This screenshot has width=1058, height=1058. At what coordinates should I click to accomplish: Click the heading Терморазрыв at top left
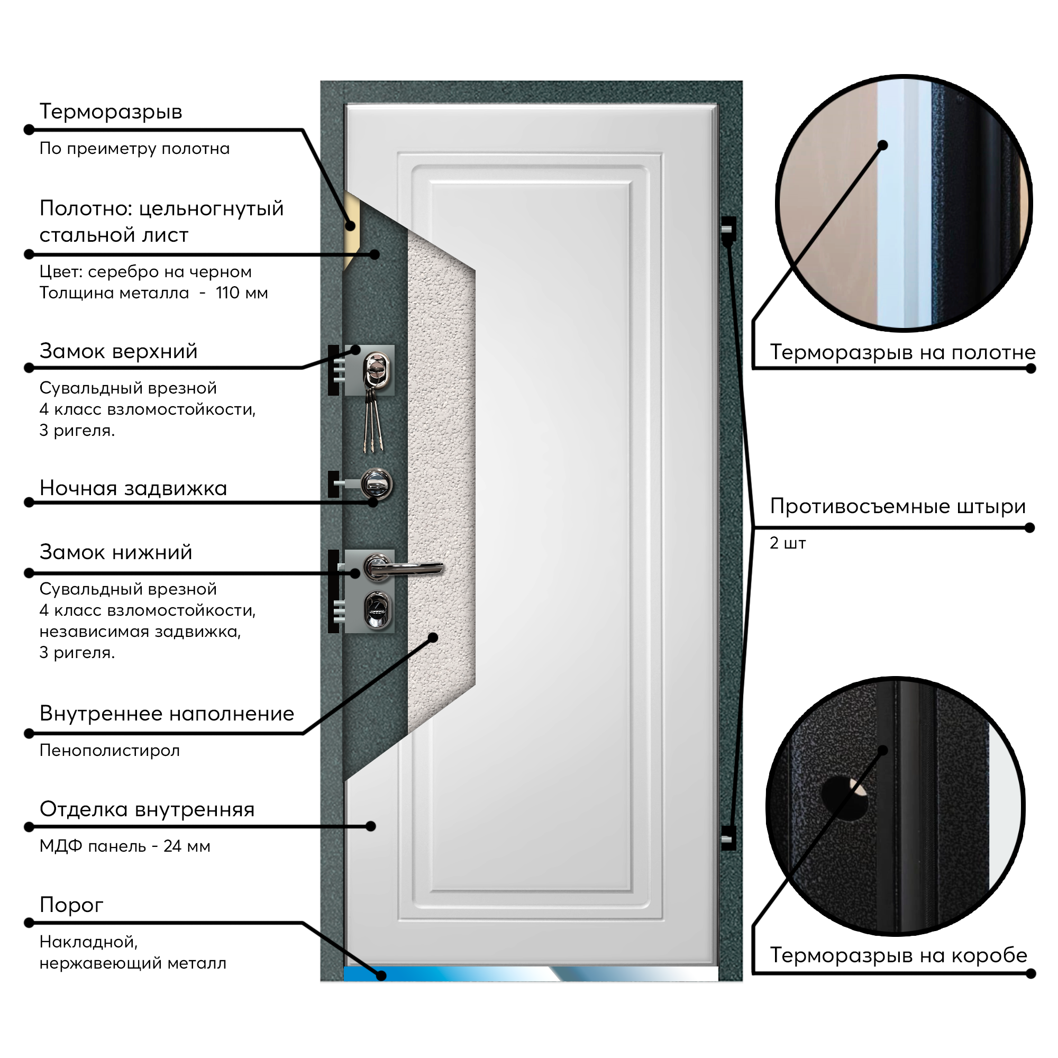tap(111, 112)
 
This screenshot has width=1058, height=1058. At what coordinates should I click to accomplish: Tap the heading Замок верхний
tap(118, 351)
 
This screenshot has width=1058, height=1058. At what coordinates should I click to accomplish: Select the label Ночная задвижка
tap(133, 488)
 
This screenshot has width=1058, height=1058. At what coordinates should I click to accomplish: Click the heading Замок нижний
tap(116, 552)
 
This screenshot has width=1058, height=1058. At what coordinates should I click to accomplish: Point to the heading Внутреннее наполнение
tap(167, 714)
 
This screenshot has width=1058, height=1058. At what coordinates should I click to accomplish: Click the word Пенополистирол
tap(110, 750)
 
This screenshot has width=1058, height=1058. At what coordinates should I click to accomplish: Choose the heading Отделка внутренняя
tap(147, 809)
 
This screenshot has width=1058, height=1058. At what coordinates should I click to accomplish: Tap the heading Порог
tap(71, 906)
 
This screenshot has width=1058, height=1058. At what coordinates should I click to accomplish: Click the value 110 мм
tap(242, 293)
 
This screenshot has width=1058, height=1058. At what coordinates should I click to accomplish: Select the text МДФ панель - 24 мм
tap(125, 846)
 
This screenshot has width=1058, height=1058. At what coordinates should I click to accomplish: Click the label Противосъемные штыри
tap(898, 507)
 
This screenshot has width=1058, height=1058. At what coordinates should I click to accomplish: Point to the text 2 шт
tap(788, 543)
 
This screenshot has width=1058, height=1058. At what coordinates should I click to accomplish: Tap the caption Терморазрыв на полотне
tap(902, 352)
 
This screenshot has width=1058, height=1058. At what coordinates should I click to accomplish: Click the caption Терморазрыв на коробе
tap(899, 955)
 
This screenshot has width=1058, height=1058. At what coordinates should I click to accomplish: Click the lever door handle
tap(403, 569)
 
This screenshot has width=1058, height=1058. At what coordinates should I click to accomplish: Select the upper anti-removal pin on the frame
tap(728, 229)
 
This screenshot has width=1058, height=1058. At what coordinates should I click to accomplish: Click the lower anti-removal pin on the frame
tap(728, 838)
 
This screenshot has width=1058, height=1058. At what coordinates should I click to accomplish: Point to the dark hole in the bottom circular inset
tap(844, 797)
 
